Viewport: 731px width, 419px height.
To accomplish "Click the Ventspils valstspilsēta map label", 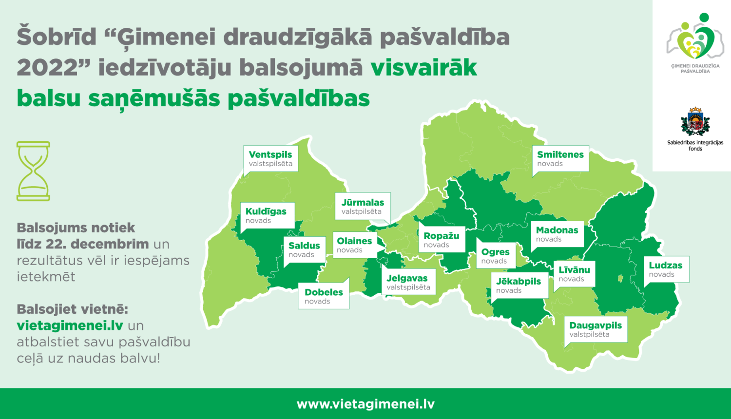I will tap(270, 159).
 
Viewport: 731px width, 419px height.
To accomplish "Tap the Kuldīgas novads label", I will tap(267, 215).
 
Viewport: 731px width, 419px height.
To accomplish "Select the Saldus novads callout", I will tap(304, 250).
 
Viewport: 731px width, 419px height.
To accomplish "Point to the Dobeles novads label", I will tap(324, 296).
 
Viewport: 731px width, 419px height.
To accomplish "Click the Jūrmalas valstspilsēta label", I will tap(363, 207).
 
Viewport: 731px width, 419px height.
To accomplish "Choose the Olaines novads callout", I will tap(354, 245).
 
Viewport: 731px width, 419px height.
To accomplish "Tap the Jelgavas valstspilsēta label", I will tap(408, 283).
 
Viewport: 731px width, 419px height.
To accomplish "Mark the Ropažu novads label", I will tap(442, 240).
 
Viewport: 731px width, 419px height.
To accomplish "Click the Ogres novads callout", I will tap(495, 256).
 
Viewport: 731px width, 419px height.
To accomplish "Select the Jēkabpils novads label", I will tap(519, 286).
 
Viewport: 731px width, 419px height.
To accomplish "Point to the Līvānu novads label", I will tap(574, 274).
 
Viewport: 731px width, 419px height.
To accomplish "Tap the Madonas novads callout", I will tap(557, 234).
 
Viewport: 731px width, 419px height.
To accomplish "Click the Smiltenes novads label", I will tap(560, 158).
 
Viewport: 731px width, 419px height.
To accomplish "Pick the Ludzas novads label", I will tap(666, 269).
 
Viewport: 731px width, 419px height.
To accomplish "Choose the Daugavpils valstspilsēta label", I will tap(596, 329).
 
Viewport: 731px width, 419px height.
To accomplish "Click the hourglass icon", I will tap(33, 171).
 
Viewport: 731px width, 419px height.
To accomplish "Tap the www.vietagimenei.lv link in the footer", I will tap(365, 404).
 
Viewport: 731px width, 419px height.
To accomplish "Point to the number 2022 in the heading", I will tap(47, 68).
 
